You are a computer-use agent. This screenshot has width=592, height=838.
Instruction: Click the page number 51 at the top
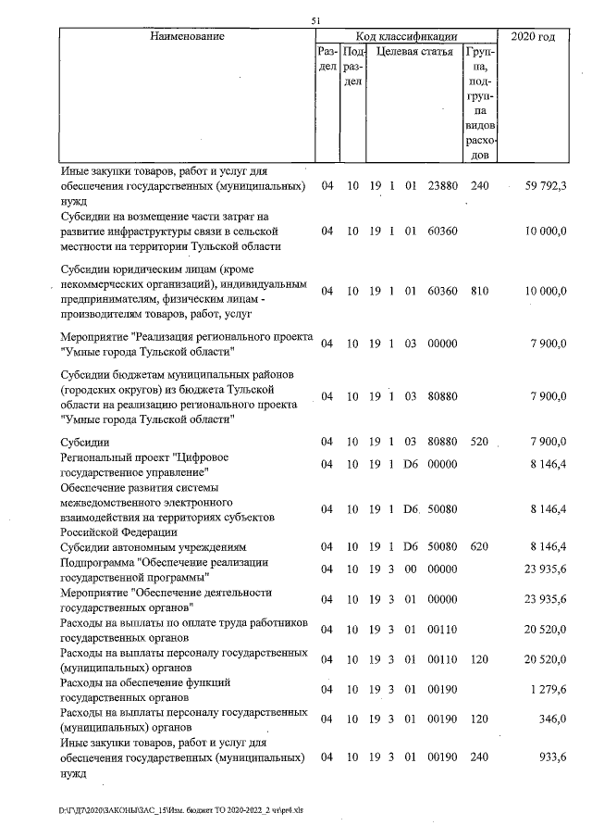[315, 20]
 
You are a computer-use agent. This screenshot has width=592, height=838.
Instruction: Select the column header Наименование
[184, 36]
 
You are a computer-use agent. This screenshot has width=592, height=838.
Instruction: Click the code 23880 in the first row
[444, 185]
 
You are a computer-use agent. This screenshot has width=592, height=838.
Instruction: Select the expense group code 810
[479, 291]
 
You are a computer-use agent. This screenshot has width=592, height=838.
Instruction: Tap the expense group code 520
[479, 442]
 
